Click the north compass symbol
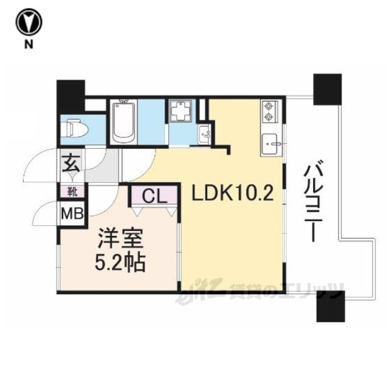point(29,22)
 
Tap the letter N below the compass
point(29,44)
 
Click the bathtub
point(124,122)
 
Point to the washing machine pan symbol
point(181,111)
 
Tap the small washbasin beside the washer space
point(204,134)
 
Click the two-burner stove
point(269,111)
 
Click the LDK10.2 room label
point(232,193)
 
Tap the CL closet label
point(154,196)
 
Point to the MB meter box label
point(72,213)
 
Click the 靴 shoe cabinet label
point(73,192)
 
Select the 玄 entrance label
point(71,164)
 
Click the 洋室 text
point(121,238)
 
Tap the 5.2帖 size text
point(120,262)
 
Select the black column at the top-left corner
point(71,96)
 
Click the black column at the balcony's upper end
point(328,89)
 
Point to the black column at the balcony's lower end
point(331,306)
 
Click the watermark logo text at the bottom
point(260,291)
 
